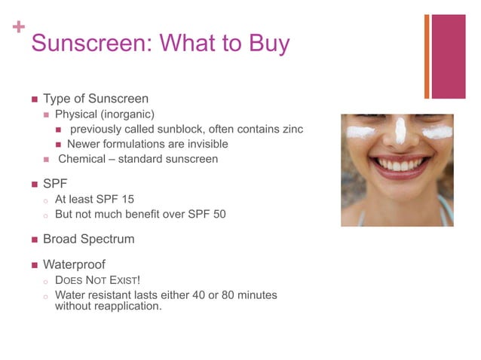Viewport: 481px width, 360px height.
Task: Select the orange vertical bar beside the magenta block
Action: pyautogui.click(x=427, y=56)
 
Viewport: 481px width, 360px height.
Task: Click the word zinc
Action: pyautogui.click(x=292, y=129)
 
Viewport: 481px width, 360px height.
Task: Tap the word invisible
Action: pyautogui.click(x=202, y=144)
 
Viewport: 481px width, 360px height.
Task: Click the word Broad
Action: pyautogui.click(x=61, y=239)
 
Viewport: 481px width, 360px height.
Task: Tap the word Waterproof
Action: pyautogui.click(x=74, y=264)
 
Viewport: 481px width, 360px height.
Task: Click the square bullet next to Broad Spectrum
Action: pyautogui.click(x=33, y=239)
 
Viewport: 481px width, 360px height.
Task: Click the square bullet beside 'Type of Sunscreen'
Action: pyautogui.click(x=33, y=99)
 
